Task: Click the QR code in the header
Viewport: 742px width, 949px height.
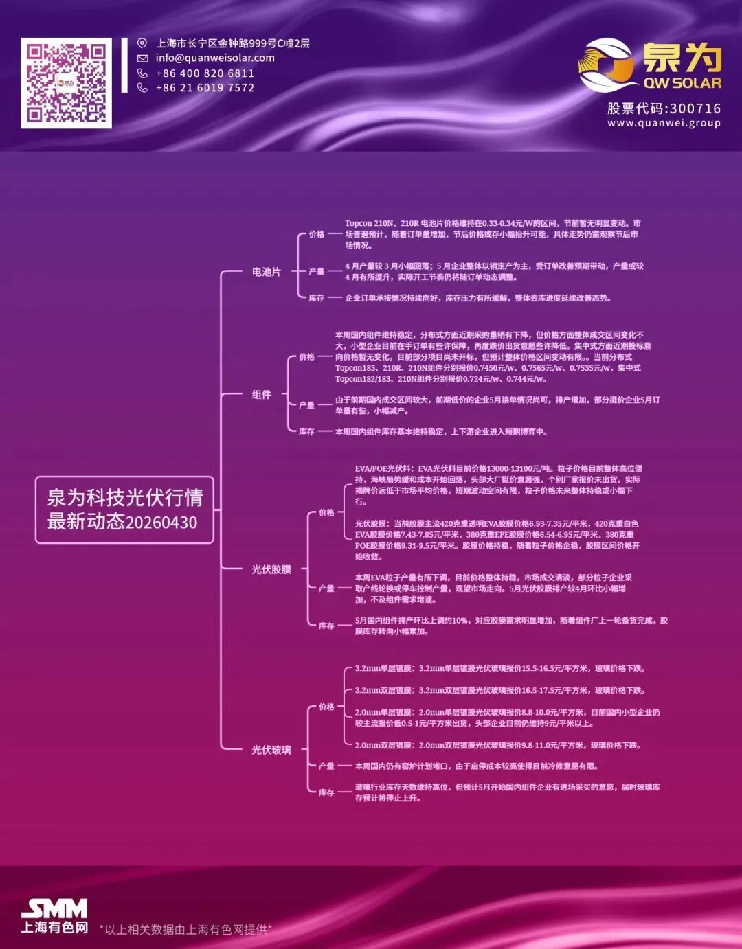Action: coord(66,83)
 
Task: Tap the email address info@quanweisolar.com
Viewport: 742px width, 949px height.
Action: coord(215,58)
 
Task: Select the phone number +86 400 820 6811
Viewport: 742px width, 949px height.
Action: coord(205,73)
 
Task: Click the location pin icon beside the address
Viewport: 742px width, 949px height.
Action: coord(142,43)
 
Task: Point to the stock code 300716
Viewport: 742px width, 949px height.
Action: coord(695,108)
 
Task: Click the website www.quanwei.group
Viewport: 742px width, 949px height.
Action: coord(664,124)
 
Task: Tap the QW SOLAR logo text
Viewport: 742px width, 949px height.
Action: coord(682,83)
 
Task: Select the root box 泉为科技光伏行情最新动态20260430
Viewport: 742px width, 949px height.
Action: coord(124,510)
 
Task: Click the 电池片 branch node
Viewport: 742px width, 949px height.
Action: coord(266,272)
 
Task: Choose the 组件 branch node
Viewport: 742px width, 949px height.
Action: coord(261,395)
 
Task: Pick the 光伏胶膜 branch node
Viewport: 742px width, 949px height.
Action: coord(271,569)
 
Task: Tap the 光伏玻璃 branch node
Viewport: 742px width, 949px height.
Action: coord(271,750)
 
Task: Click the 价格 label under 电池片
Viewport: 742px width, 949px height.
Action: coord(316,234)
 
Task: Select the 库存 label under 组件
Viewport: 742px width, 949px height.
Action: coord(306,432)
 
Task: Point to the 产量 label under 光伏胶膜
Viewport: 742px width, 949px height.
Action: coord(326,588)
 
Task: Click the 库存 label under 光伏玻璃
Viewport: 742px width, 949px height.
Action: coord(326,792)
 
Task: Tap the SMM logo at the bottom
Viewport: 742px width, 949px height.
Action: coord(54,910)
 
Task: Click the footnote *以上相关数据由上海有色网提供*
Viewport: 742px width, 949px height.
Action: coord(185,930)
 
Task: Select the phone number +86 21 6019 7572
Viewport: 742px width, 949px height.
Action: coord(205,88)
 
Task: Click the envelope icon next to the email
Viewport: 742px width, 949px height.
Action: coord(142,58)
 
